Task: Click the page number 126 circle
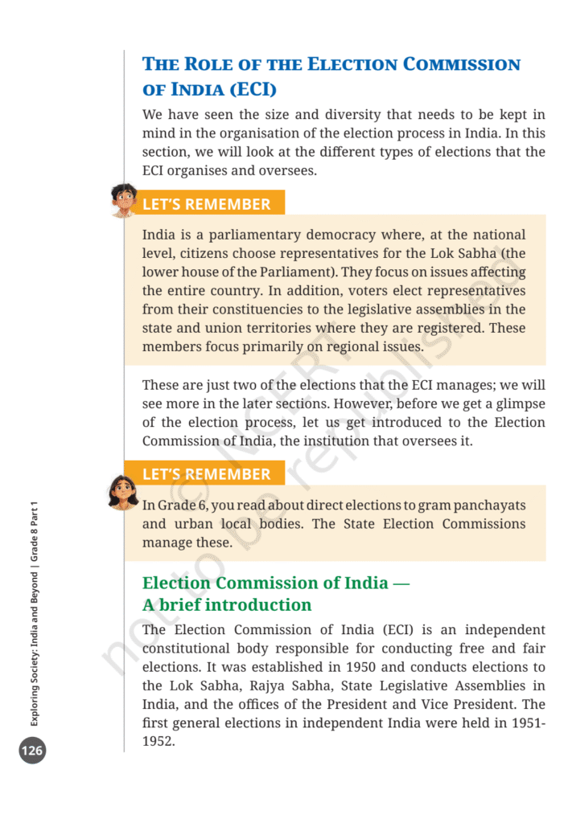point(33,751)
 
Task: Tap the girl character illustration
point(123,491)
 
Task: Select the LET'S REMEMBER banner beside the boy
point(206,204)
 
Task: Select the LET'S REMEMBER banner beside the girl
point(206,474)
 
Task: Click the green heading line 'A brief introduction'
point(227,604)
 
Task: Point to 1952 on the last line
point(158,741)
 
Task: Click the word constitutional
point(191,649)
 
